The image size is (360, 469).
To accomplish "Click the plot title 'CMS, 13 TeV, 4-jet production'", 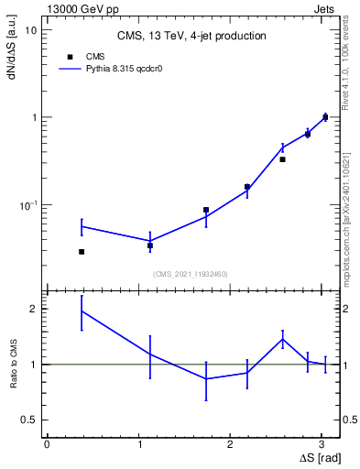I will pyautogui.click(x=191, y=36).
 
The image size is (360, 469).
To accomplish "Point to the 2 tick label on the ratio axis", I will pyautogui.click(x=34, y=310).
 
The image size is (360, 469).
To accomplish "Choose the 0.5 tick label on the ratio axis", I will pyautogui.click(x=29, y=420).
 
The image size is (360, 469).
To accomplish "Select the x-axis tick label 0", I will pyautogui.click(x=47, y=442).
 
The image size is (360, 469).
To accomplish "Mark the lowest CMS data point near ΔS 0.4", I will pyautogui.click(x=82, y=251).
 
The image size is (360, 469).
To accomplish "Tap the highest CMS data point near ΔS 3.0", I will pyautogui.click(x=325, y=117).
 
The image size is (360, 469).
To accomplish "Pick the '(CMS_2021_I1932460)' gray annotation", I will pyautogui.click(x=191, y=274).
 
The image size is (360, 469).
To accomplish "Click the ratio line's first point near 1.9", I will pyautogui.click(x=82, y=311).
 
